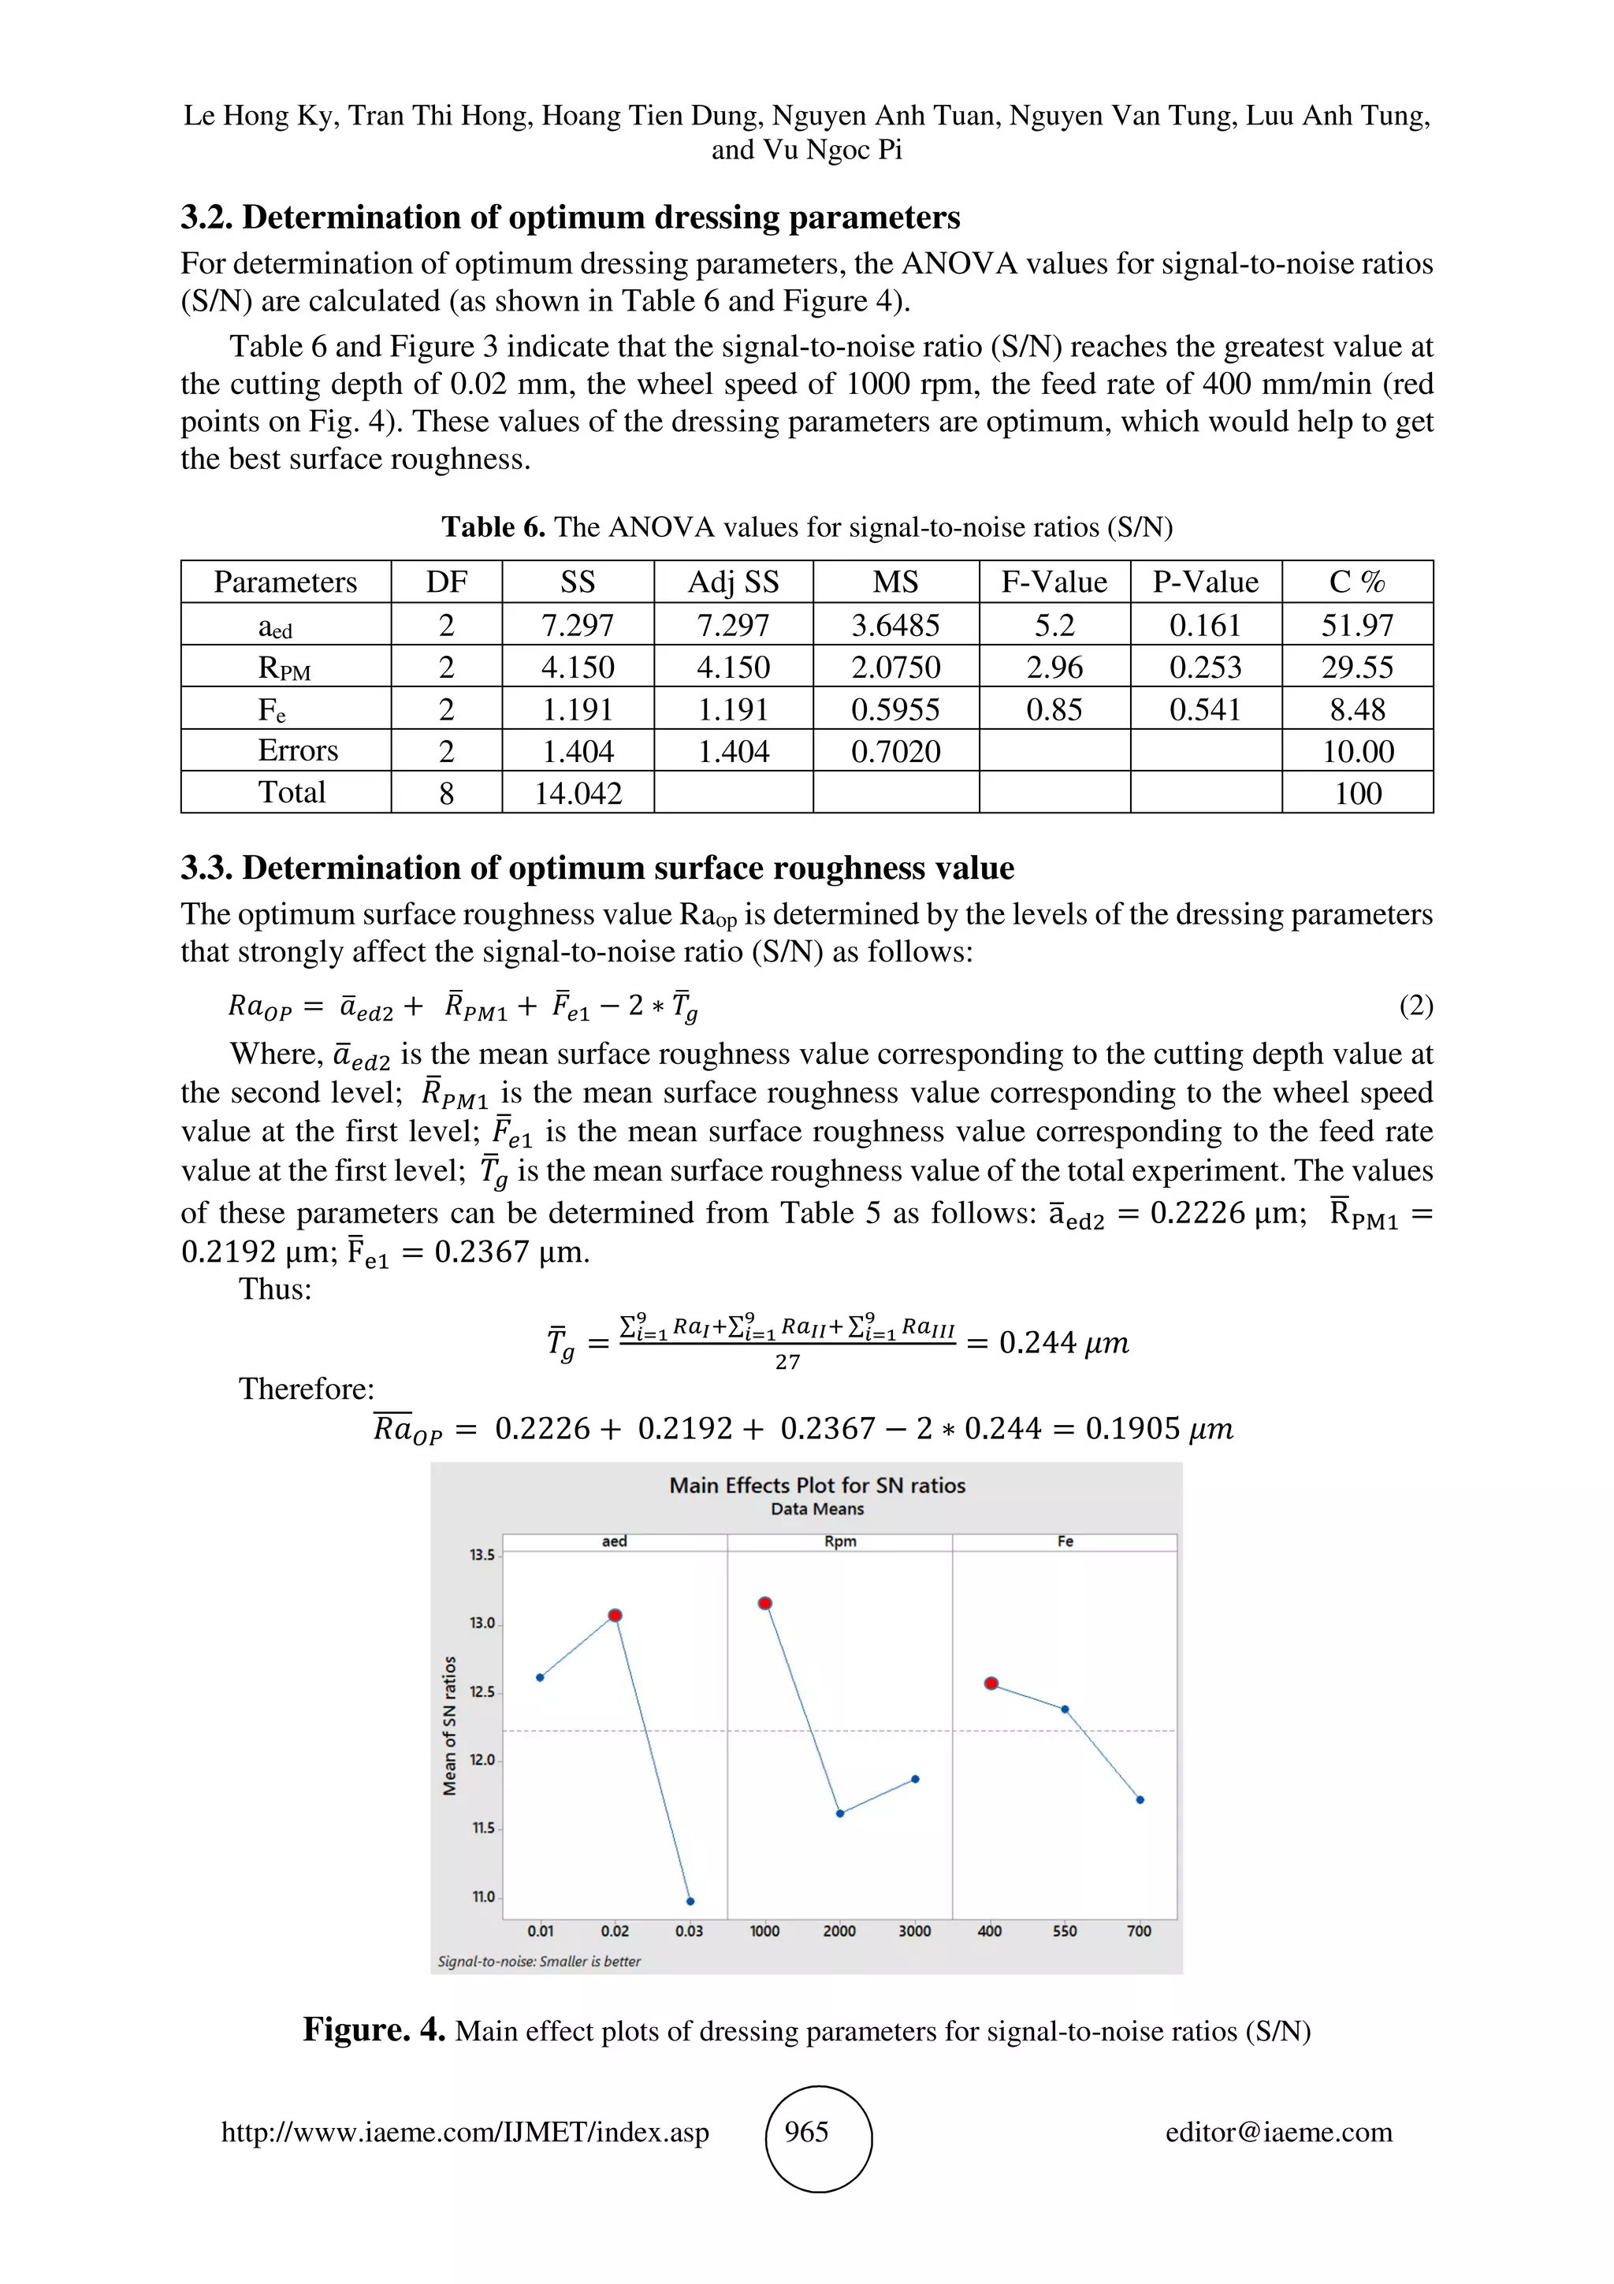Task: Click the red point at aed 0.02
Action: click(615, 1616)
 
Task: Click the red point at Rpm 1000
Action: click(764, 1602)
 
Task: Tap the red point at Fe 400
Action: click(991, 1683)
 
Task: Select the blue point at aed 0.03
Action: click(690, 1901)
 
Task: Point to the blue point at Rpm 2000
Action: click(840, 1813)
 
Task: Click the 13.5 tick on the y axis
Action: click(482, 1554)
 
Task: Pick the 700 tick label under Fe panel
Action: click(1139, 1931)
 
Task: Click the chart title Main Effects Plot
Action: click(816, 1485)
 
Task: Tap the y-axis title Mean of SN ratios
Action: click(449, 1726)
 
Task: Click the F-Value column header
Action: click(1054, 582)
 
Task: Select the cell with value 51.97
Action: click(1356, 625)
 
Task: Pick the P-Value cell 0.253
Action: click(1205, 667)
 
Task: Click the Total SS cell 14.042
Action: click(578, 793)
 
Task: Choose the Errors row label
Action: click(297, 750)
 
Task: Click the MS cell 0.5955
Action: click(895, 709)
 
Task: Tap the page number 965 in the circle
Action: click(806, 2132)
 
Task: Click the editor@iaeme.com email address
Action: click(1279, 2132)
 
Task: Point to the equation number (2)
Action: click(1415, 1005)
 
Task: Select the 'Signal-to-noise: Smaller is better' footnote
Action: click(539, 1961)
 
